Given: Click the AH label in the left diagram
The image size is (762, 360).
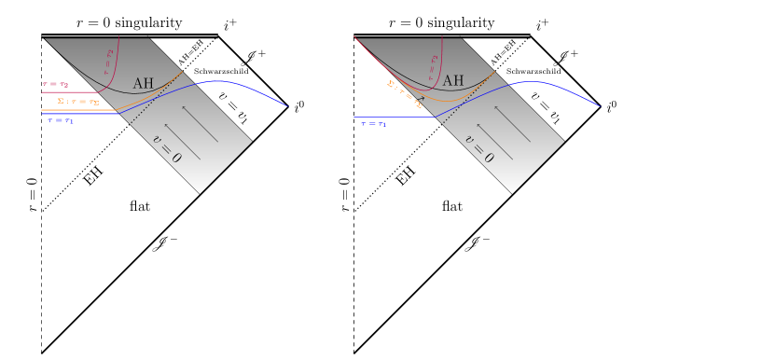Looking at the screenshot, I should point(143,83).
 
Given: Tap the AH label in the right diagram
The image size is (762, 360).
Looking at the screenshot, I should point(453,81).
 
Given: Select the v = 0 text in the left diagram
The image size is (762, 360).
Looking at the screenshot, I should point(167,148).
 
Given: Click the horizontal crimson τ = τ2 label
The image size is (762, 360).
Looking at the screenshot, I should point(55,84).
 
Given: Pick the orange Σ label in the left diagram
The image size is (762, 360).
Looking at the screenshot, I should point(78,101).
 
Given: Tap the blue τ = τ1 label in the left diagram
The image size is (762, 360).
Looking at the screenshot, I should point(61,120).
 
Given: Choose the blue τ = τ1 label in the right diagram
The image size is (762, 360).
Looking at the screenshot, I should point(373,123).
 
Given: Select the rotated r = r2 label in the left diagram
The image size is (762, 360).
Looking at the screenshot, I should point(108,62).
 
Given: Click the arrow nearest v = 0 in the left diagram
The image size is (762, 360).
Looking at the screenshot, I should point(182,141).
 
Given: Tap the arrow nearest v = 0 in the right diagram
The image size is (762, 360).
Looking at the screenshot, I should point(494,141).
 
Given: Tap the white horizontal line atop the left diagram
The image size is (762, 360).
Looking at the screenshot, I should point(130,36).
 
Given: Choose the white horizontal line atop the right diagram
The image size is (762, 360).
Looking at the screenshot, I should point(441,36).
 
